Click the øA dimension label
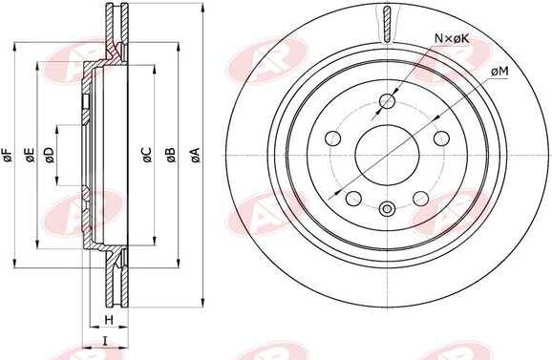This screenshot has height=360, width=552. [196, 156]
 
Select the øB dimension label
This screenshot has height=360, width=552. [171, 156]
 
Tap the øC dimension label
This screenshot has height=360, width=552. [147, 156]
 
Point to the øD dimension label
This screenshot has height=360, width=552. [50, 156]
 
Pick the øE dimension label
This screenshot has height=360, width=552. [30, 156]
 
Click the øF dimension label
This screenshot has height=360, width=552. [8, 156]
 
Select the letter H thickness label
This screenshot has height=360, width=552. [109, 320]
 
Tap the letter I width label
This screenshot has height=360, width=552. [104, 341]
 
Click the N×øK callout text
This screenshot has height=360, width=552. [452, 38]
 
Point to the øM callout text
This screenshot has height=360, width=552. [499, 72]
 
